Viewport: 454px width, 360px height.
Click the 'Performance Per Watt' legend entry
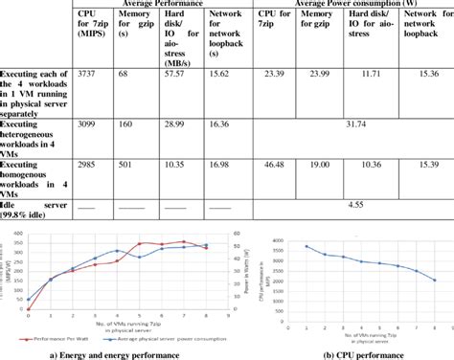[x=74, y=337]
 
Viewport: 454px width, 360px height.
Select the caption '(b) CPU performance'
[x=362, y=352]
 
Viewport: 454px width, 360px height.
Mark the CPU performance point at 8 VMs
[x=434, y=280]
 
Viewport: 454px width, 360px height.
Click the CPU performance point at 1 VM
[x=307, y=246]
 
